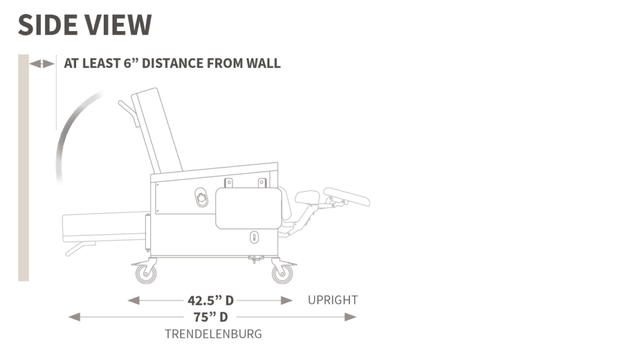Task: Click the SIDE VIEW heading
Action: coord(85,25)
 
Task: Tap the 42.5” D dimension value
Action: coord(210,301)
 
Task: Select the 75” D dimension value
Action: coord(210,317)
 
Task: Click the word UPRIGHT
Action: coord(333,300)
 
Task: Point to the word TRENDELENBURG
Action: coord(213,334)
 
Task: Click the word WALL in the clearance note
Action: coord(263,64)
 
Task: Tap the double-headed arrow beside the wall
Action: coord(42,64)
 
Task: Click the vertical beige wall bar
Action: coord(23,168)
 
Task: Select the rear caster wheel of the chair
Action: coord(146,273)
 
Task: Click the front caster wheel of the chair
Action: coord(282,273)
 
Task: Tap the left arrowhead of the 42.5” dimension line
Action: coord(134,301)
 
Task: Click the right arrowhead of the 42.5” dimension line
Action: coord(287,301)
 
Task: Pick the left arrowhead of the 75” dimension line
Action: coord(74,317)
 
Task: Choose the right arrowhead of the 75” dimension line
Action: coord(350,317)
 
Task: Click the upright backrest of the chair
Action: coord(158,130)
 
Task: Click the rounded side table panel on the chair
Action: coord(249,208)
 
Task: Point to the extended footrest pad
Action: coord(347,197)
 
